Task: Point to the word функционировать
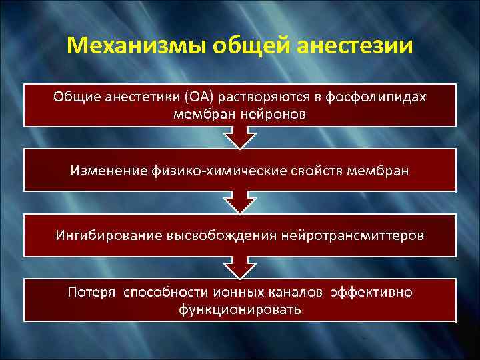point(240,309)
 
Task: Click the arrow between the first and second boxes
point(239,137)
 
